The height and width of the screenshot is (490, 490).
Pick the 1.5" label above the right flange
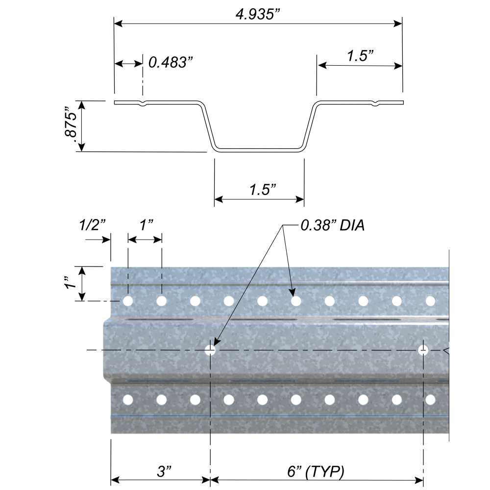coord(361,56)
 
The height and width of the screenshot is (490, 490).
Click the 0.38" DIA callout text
coord(333,227)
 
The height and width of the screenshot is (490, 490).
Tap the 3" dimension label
coord(164,472)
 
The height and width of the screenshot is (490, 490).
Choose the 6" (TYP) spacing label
coord(316,472)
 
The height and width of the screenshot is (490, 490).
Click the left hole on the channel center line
coord(210,350)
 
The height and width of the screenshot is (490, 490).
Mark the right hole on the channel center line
coord(423,350)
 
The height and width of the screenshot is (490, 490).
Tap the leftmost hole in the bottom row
coord(127,400)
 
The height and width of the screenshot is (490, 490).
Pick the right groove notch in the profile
coord(376,103)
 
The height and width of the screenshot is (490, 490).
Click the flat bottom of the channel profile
coord(260,149)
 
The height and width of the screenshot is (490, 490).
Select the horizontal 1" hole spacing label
coord(146,225)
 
